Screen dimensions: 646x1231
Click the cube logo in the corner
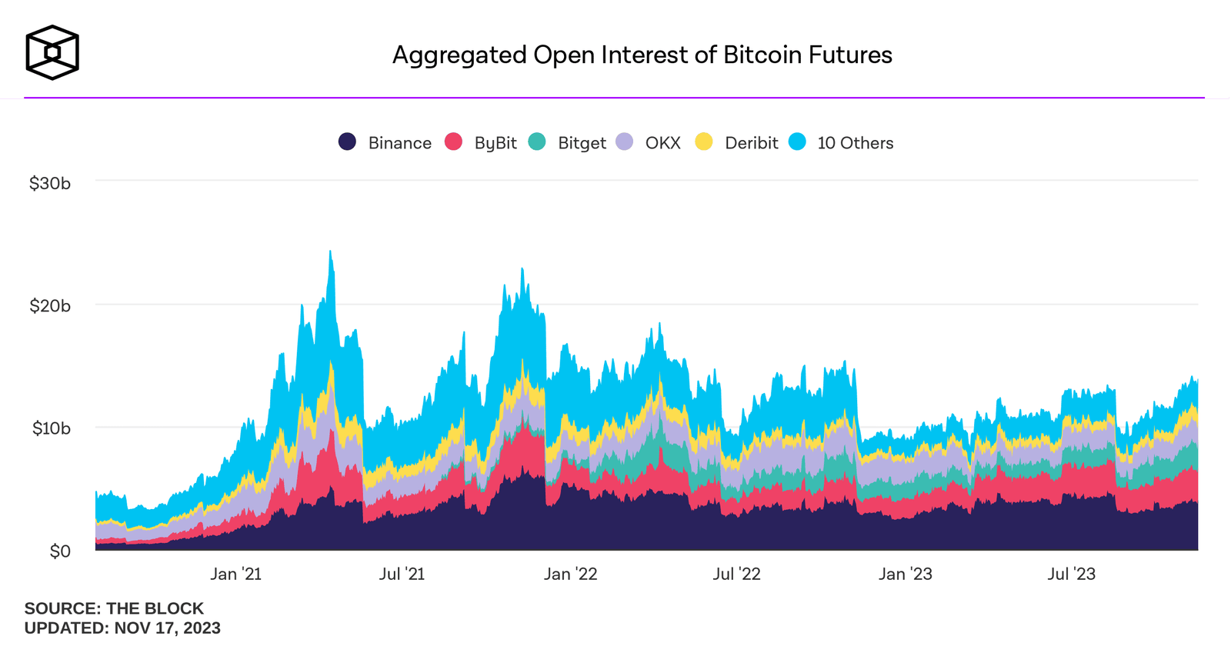click(52, 52)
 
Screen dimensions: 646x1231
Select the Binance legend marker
click(347, 142)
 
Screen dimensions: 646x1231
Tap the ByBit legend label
click(495, 143)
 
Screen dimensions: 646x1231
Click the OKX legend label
click(662, 143)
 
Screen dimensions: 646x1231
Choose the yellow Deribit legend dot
click(703, 142)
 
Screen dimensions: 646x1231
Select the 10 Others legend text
click(855, 143)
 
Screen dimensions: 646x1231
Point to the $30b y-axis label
click(50, 183)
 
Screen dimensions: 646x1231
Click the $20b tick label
click(50, 306)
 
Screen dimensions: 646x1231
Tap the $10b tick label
click(51, 428)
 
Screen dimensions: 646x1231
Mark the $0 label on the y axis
click(60, 551)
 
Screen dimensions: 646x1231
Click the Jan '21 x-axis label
click(235, 574)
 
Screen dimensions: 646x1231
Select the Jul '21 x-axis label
click(402, 574)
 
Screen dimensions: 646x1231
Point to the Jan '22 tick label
click(570, 574)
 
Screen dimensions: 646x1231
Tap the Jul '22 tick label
click(736, 574)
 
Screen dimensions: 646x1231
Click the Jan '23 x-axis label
click(905, 574)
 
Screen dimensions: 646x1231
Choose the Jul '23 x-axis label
click(1071, 574)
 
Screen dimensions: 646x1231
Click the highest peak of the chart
click(330, 252)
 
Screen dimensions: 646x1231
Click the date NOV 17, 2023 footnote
click(167, 628)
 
